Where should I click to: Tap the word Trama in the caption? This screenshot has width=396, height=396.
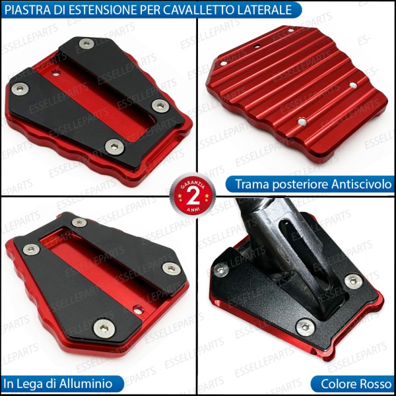pos(250,184)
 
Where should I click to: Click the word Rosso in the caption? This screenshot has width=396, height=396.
pos(372,383)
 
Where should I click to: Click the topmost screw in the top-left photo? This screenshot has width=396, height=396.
pos(86,44)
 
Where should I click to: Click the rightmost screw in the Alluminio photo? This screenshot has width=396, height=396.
pos(171,268)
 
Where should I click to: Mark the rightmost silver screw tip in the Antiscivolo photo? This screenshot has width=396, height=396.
pos(354,85)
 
